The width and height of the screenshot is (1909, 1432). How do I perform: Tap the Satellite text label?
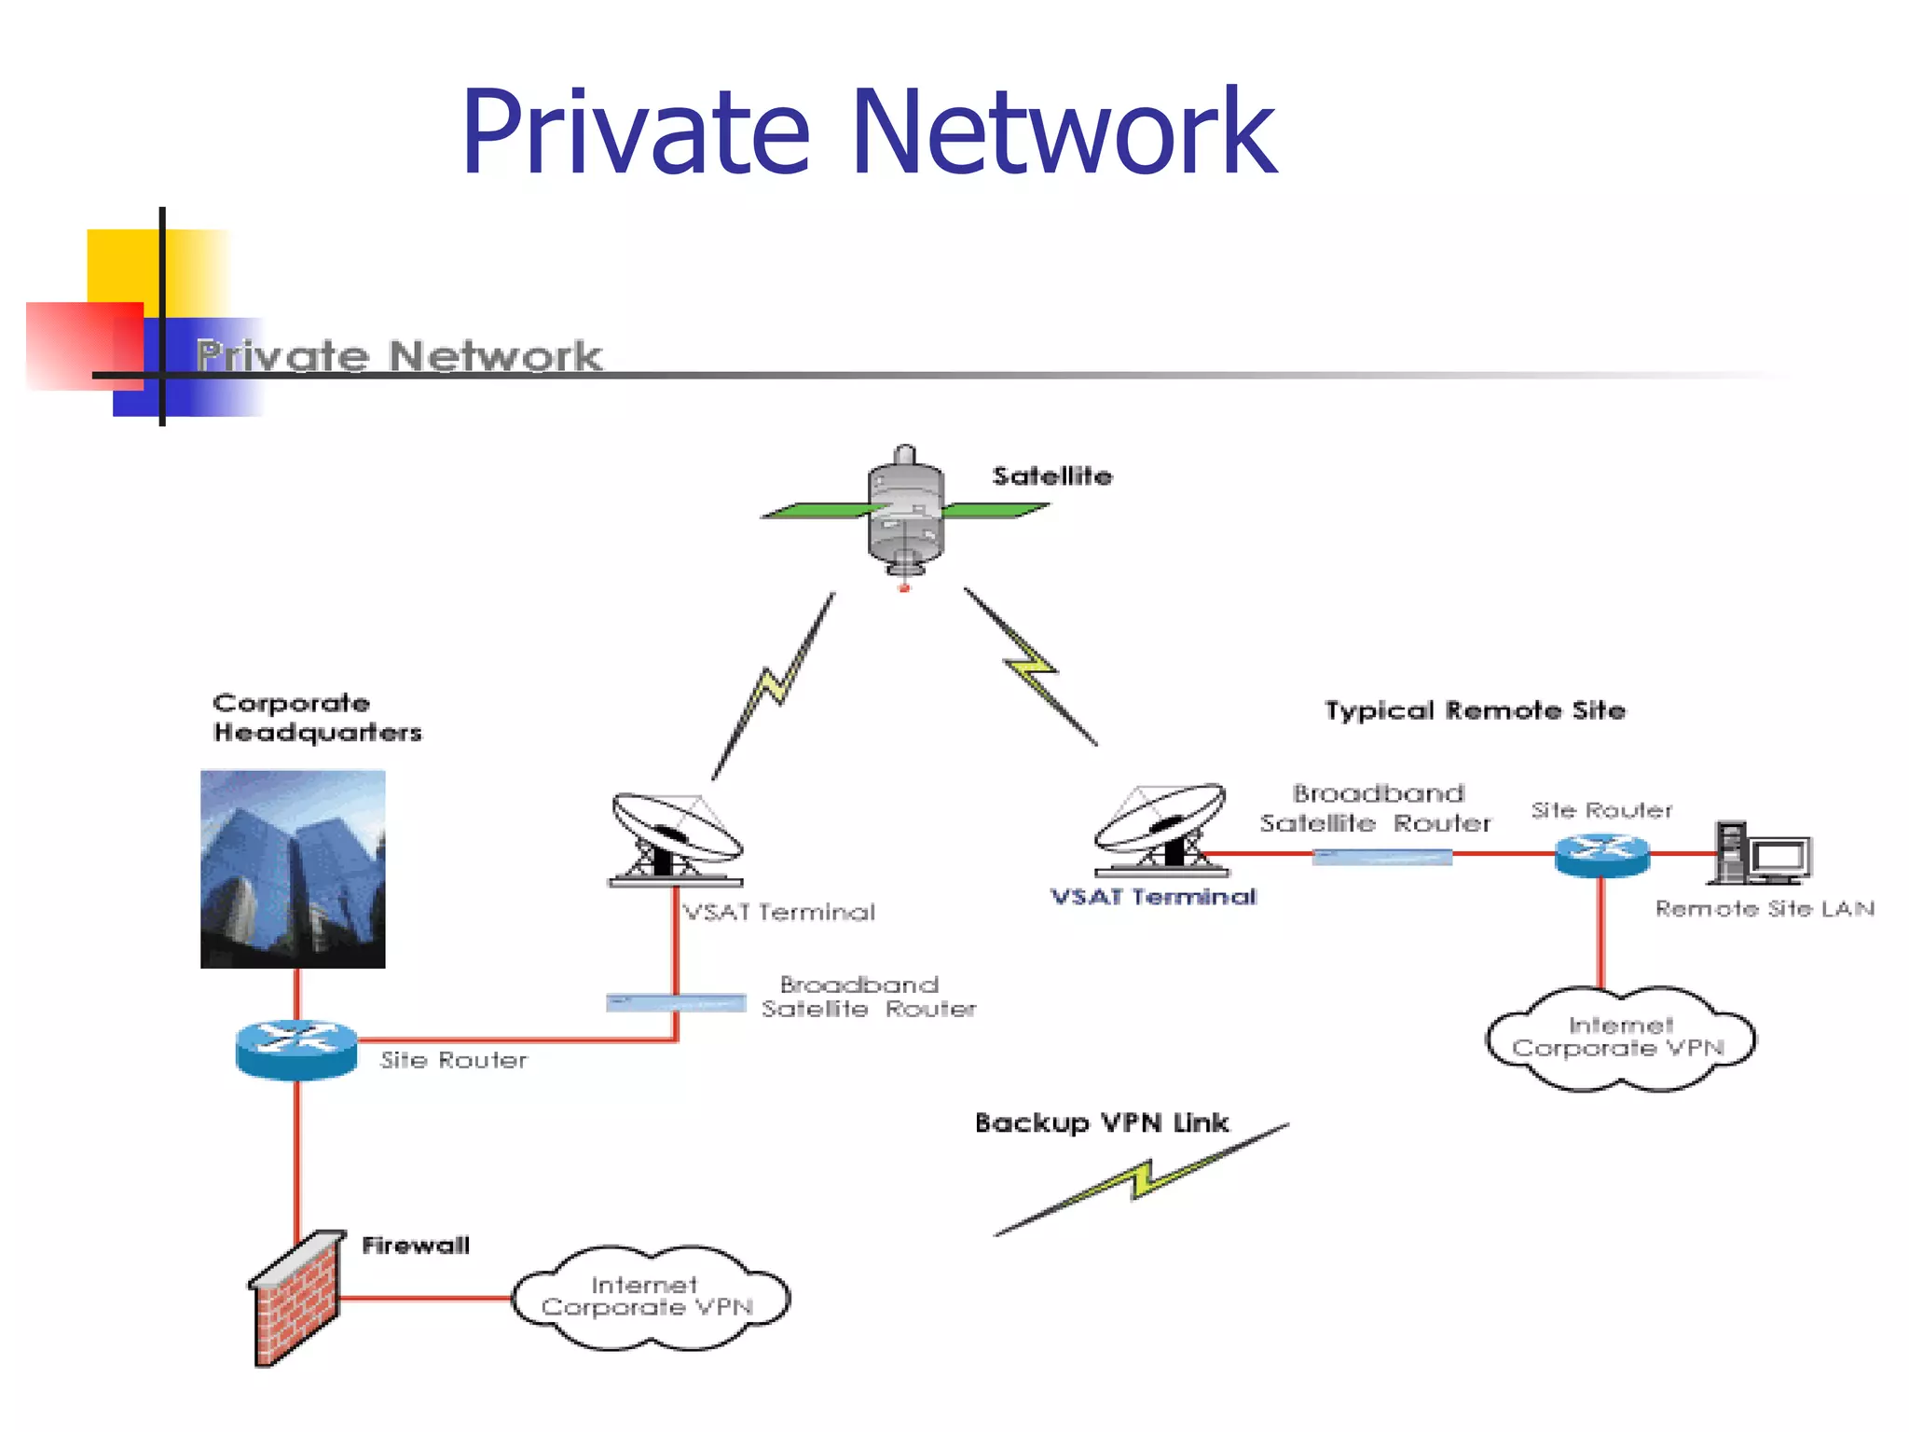point(1051,476)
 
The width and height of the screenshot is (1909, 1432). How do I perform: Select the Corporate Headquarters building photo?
point(293,869)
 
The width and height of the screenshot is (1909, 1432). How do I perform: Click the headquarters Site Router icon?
point(296,1049)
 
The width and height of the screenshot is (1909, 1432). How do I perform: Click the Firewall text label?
point(416,1246)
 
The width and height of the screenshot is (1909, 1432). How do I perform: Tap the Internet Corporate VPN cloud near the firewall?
point(650,1298)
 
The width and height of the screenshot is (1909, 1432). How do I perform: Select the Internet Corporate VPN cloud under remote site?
point(1619,1039)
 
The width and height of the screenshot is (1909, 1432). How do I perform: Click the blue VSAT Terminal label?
point(1153,897)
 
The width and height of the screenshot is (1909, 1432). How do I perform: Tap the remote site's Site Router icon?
point(1601,853)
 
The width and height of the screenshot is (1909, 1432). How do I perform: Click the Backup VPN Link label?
point(1102,1122)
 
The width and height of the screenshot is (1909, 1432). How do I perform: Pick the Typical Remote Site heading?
point(1475,710)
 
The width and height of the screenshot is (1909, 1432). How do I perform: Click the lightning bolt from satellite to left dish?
point(774,686)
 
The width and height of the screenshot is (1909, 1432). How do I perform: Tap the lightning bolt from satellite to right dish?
point(1031,667)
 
